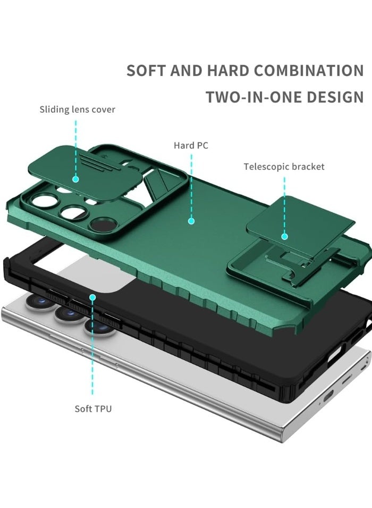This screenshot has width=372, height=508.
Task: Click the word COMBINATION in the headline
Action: click(309, 71)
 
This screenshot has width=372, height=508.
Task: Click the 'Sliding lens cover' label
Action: click(78, 110)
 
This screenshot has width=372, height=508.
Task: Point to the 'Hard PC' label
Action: click(191, 145)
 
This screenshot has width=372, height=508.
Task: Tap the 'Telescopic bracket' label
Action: click(284, 166)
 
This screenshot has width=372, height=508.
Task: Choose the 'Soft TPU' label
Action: click(93, 409)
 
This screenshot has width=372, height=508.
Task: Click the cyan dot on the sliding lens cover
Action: click(76, 179)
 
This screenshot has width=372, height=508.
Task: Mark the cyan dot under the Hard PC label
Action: click(191, 221)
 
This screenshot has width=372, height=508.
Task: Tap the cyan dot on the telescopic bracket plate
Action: click(285, 237)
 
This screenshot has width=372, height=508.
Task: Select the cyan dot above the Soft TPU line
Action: click(92, 297)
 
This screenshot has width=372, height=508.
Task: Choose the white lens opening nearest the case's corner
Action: click(45, 201)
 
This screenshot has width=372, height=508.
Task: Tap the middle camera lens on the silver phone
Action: click(69, 313)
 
